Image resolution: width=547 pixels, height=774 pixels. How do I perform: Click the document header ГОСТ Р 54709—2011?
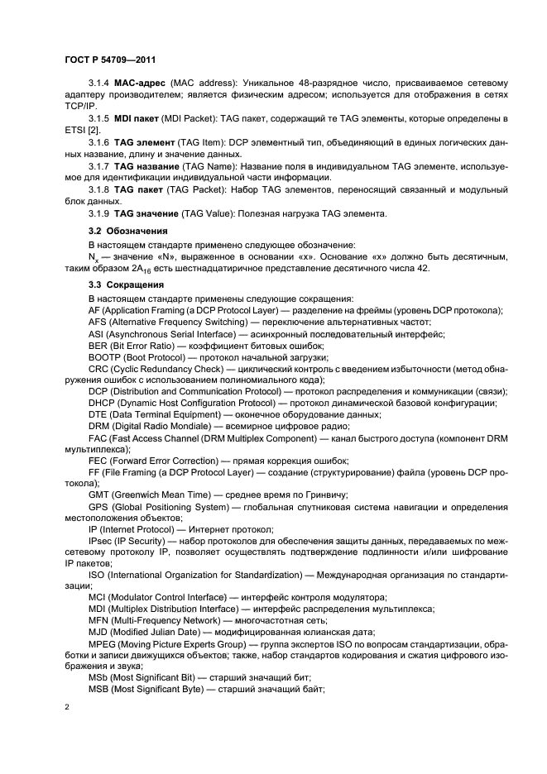[111, 60]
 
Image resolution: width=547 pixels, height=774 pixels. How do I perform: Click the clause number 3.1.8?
[100, 189]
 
